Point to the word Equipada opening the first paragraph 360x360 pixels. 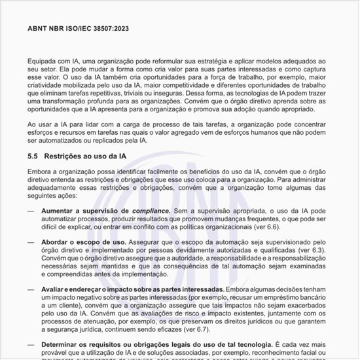(x=44, y=60)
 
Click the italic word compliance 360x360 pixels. (x=151, y=210)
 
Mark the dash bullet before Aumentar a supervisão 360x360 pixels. (x=31, y=210)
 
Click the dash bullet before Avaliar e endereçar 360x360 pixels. (x=31, y=289)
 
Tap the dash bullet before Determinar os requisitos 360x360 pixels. (x=31, y=344)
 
